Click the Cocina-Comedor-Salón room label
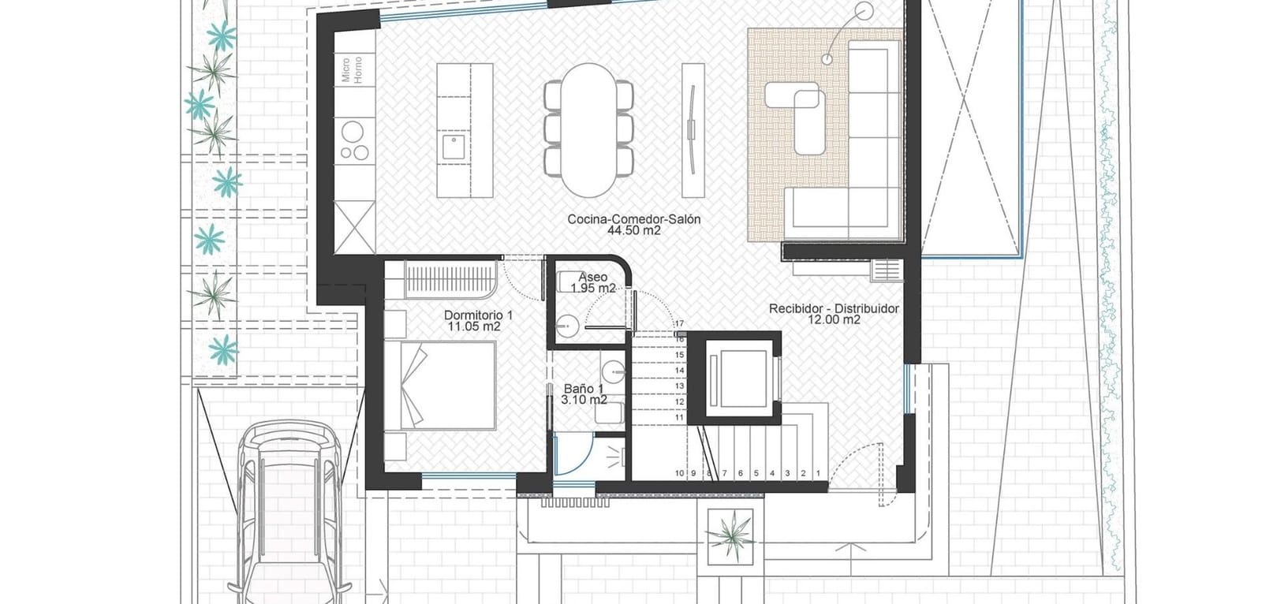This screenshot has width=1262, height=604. coord(634,219)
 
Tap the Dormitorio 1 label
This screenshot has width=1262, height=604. coord(478,315)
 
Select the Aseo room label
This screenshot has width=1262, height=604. coord(592,278)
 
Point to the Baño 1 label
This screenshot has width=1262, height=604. coord(584,389)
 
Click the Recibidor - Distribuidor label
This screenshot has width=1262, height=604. coord(834,309)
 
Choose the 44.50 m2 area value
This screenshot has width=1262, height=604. coord(634,230)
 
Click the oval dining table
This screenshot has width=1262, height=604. coord(588,130)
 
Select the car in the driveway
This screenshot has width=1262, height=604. coord(289,513)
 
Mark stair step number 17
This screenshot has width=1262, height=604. coord(679,323)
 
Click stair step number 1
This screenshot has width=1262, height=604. coord(818,473)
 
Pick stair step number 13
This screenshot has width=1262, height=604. coord(679,386)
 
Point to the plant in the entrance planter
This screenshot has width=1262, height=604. coord(730,535)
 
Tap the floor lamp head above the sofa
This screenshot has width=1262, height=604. coord(864,9)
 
